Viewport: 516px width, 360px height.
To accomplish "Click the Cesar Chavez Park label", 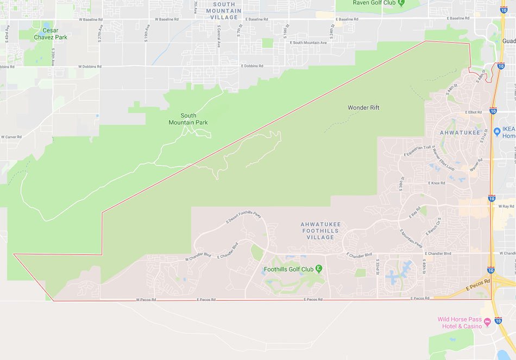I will tap(46, 34).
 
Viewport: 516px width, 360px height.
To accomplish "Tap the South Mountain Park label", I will tap(188, 119).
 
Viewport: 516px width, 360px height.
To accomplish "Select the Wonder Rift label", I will tap(363, 108).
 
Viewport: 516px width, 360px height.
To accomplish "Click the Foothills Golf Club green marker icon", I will tap(319, 268).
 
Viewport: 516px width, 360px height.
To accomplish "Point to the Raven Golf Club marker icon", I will tap(401, 3).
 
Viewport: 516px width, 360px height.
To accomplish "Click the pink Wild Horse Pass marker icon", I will tap(487, 323).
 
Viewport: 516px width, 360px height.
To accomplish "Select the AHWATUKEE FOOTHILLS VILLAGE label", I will tap(320, 231).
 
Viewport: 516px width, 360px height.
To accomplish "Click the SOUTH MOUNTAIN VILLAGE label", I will tap(224, 11).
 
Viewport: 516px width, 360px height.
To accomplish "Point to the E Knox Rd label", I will tap(437, 184).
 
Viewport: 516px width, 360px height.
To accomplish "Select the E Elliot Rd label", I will tap(473, 112).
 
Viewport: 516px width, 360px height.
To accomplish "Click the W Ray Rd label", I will tap(506, 206).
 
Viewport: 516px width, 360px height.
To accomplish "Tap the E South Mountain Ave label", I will tap(309, 42).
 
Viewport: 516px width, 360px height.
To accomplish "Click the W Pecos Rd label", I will tap(146, 299).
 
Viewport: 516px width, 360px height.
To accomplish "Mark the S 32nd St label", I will tap(378, 267).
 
